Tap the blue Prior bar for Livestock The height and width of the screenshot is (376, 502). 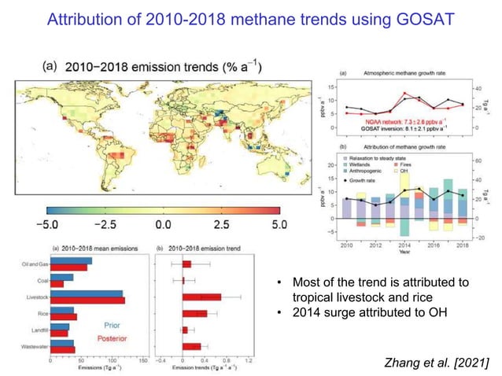coord(87,294)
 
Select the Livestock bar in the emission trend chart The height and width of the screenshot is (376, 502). coord(201,297)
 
